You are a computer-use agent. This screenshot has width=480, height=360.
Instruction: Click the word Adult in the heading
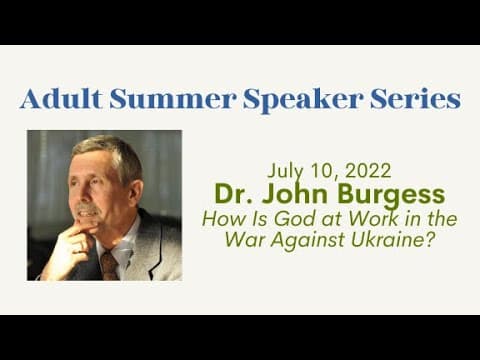pyautogui.click(x=61, y=99)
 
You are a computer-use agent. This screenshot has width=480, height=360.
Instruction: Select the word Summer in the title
pyautogui.click(x=173, y=99)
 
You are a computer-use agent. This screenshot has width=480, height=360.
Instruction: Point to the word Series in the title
pyautogui.click(x=416, y=99)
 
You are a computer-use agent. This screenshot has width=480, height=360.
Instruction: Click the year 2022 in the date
pyautogui.click(x=368, y=171)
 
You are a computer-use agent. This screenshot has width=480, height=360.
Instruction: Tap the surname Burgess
pyautogui.click(x=391, y=195)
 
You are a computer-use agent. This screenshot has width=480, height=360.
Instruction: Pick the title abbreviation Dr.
pyautogui.click(x=234, y=194)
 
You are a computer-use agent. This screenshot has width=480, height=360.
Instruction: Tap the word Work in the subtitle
pyautogui.click(x=373, y=219)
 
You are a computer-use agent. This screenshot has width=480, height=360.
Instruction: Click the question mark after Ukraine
pyautogui.click(x=431, y=240)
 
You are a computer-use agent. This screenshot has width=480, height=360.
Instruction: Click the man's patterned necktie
pyautogui.click(x=109, y=266)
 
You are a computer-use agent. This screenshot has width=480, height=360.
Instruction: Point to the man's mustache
pyautogui.click(x=86, y=208)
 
